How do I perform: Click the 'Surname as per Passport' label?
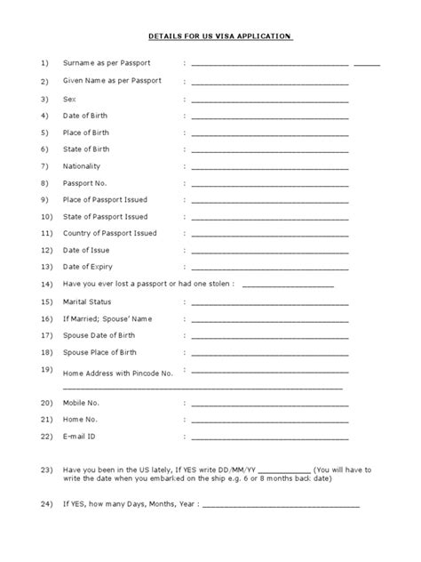tap(106, 64)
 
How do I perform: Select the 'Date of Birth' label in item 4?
tap(86, 116)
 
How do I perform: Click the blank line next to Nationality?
tap(270, 167)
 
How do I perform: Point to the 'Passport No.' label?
tap(86, 183)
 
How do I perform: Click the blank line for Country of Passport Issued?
tap(270, 234)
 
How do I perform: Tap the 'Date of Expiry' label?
tap(89, 267)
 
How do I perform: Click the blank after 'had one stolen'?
tap(288, 285)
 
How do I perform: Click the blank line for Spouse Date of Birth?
tap(270, 337)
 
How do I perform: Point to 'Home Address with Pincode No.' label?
tap(117, 373)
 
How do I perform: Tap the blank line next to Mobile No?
tap(270, 404)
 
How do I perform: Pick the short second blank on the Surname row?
tap(367, 65)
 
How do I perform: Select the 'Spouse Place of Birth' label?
tap(100, 353)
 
